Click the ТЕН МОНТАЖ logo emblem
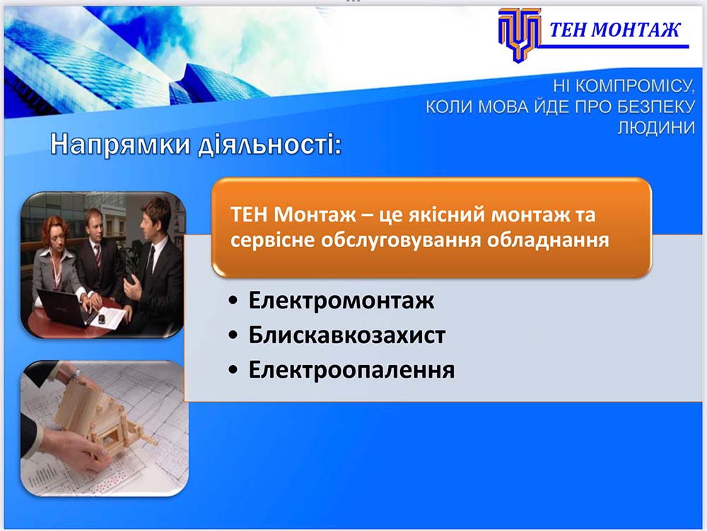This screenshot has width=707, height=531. click(x=520, y=35)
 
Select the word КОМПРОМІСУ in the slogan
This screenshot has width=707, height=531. click(x=636, y=86)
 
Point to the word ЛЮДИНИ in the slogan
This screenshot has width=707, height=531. click(x=656, y=128)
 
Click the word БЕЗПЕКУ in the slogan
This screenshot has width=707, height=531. click(x=656, y=107)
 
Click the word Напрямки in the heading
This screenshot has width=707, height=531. click(x=120, y=145)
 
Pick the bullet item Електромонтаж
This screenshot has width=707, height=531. click(x=341, y=300)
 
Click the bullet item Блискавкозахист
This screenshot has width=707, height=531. click(x=346, y=335)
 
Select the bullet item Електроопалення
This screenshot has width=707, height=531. click(x=351, y=370)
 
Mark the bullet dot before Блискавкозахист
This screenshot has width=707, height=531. click(x=233, y=335)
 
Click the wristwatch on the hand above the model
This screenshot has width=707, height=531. click(x=76, y=375)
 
